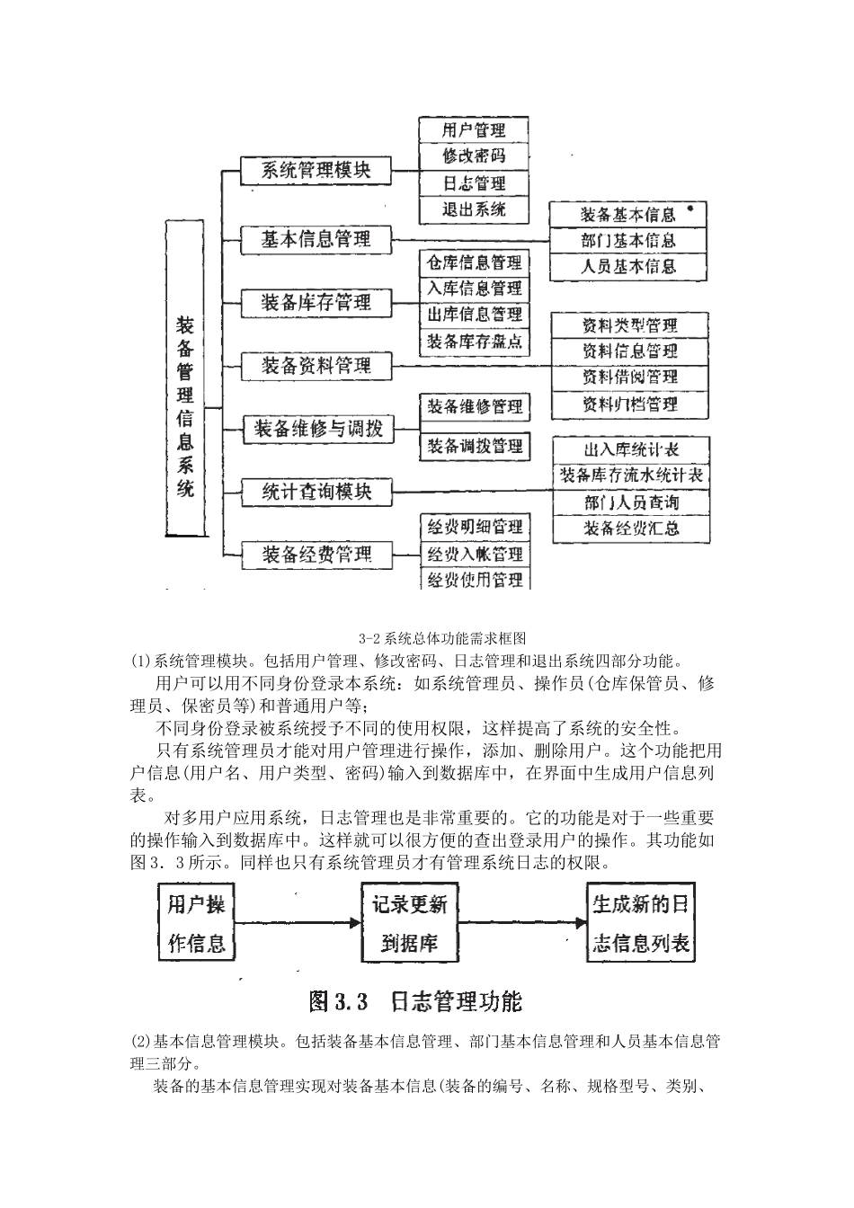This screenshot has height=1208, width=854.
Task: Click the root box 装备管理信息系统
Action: point(184,378)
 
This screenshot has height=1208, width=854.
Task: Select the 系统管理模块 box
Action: point(316,169)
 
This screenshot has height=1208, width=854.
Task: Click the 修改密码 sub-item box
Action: point(474,156)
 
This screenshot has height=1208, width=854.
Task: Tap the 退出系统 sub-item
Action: point(474,210)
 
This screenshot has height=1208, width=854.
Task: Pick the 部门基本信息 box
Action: point(627,241)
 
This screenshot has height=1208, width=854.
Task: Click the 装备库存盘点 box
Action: point(474,342)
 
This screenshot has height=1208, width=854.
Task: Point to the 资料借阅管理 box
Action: point(629,377)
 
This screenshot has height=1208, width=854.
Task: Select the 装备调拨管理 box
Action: point(474,446)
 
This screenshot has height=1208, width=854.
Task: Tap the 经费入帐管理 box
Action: point(475,554)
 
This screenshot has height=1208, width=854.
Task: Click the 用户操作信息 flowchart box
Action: point(196,923)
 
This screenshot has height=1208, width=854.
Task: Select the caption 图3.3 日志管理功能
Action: point(415,1001)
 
